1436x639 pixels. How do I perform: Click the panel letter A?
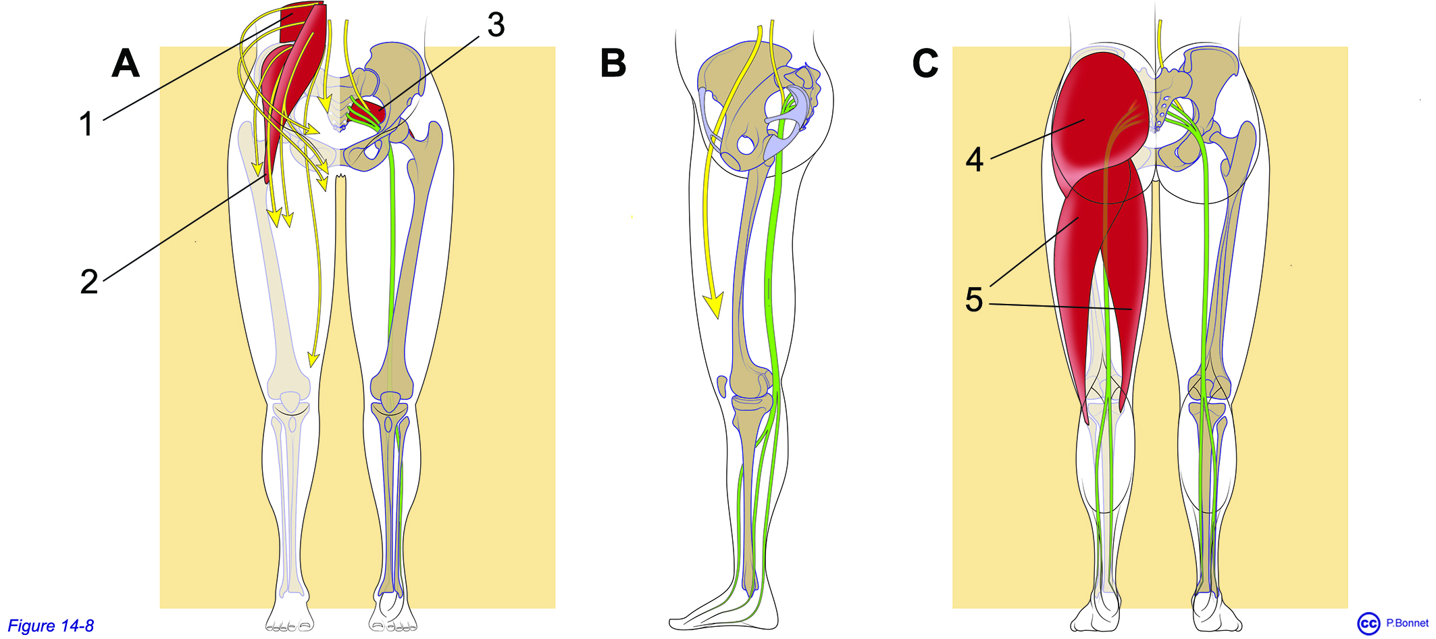pyautogui.click(x=126, y=63)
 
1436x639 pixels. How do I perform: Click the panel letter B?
pyautogui.click(x=613, y=63)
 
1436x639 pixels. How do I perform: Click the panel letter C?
pyautogui.click(x=925, y=63)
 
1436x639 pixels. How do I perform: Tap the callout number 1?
pyautogui.click(x=86, y=124)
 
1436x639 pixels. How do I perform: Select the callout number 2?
pyautogui.click(x=89, y=282)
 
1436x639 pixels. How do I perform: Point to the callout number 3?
pyautogui.click(x=496, y=25)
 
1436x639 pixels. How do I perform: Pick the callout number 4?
pyautogui.click(x=974, y=159)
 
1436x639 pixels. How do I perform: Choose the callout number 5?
pyautogui.click(x=973, y=300)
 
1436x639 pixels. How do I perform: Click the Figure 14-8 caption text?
pyautogui.click(x=51, y=626)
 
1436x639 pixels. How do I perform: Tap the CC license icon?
pyautogui.click(x=1368, y=623)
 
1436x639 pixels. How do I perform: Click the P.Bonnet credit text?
pyautogui.click(x=1407, y=623)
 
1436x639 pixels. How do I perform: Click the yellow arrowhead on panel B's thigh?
pyautogui.click(x=713, y=305)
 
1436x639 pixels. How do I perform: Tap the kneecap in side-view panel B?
pyautogui.click(x=722, y=386)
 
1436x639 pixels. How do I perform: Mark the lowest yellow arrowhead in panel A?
pyautogui.click(x=313, y=359)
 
